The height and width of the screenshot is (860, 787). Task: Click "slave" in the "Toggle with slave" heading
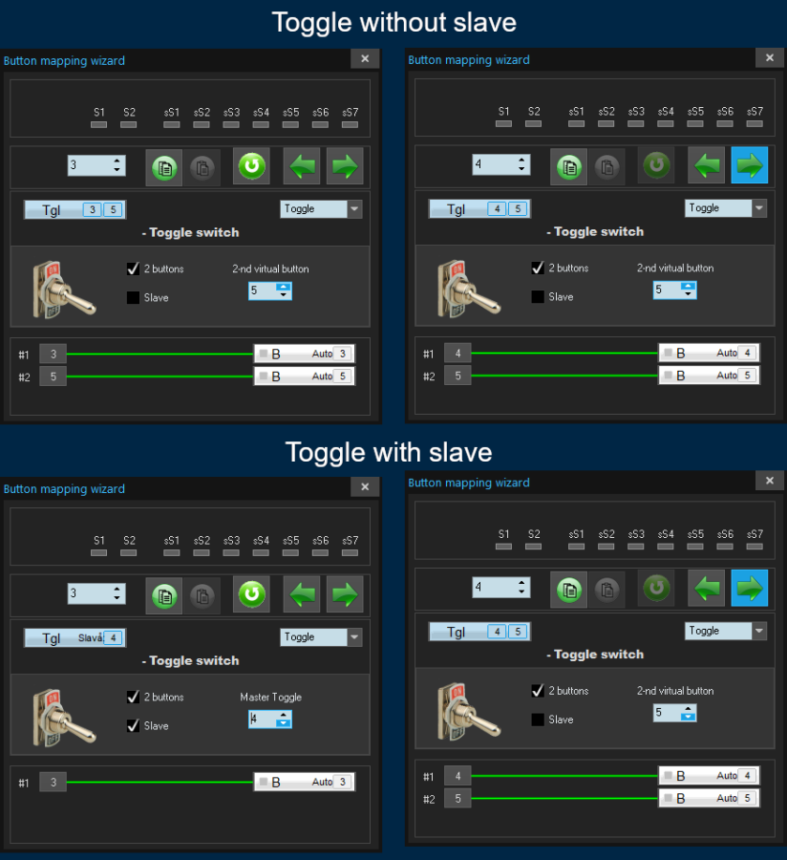pos(460,453)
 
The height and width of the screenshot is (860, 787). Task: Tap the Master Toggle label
pos(270,698)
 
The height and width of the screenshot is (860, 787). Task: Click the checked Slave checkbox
pos(133,725)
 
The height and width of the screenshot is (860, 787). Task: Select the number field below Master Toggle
pos(269,719)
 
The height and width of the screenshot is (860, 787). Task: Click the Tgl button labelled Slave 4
pos(75,638)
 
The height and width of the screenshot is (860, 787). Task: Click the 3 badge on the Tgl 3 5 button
pos(92,209)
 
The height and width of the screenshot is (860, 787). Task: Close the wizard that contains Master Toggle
pos(365,486)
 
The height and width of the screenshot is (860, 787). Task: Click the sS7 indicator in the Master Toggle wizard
pos(350,553)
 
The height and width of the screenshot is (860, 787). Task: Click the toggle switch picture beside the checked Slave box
pos(63,718)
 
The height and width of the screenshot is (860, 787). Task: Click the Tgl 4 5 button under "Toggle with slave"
pos(479,632)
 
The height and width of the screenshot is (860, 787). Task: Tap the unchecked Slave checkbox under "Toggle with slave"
pos(538,719)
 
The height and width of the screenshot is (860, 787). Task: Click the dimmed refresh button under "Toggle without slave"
pos(656,165)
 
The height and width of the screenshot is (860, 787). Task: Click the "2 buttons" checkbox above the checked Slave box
pos(133,697)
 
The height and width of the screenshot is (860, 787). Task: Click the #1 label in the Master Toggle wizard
pos(24,783)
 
